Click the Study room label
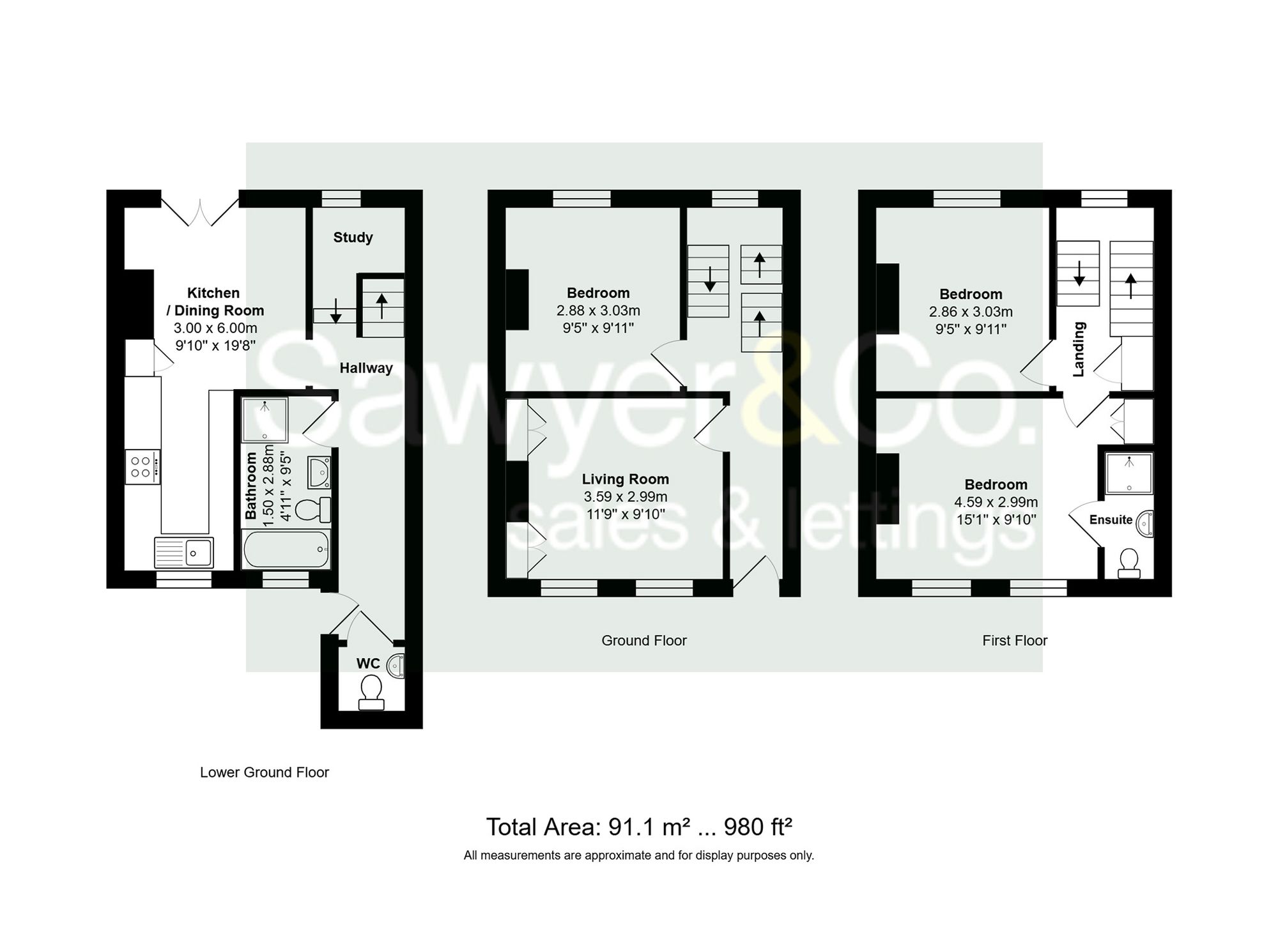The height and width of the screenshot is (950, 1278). coord(353,237)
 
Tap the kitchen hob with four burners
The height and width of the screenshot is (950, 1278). coord(142,467)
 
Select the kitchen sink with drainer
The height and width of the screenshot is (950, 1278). coord(184,552)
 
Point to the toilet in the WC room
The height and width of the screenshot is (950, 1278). coord(371,693)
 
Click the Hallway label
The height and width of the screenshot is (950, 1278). coord(366,368)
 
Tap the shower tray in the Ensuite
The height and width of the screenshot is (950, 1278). coord(1129,473)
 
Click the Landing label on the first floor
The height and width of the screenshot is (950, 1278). coord(1079,349)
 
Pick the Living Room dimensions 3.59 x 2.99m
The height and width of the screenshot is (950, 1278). coord(625,496)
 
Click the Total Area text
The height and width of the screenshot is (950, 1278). coord(639,827)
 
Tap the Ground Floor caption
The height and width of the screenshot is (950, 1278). coord(643,640)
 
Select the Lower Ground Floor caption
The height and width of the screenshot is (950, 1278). coord(264,772)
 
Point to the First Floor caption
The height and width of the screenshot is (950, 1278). coord(1015,640)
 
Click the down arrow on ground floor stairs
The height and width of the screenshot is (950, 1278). coord(709,279)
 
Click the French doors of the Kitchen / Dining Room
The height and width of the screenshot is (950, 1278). coord(200,211)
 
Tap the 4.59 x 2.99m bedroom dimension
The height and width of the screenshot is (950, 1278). coord(996,502)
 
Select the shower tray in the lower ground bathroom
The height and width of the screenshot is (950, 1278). coord(265,419)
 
